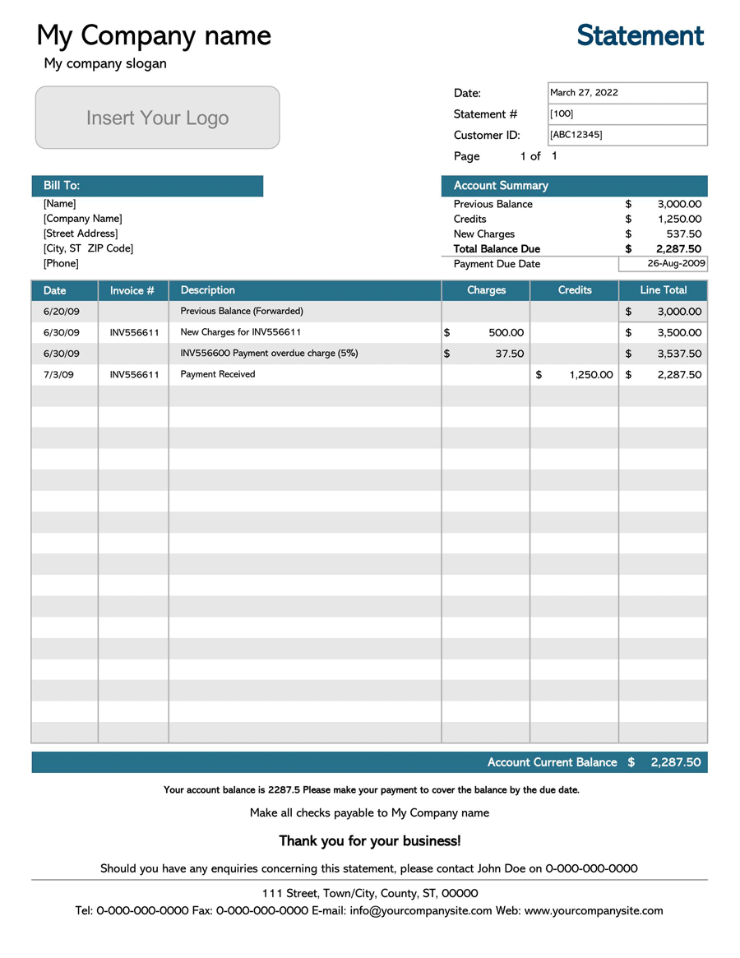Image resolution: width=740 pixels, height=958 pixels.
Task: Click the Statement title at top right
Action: point(640,35)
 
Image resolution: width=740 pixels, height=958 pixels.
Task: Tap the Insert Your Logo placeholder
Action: point(157,118)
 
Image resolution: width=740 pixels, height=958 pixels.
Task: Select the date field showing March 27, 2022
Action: point(627,93)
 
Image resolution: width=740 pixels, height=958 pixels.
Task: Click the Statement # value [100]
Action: point(627,114)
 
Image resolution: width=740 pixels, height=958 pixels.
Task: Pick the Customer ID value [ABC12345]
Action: point(627,135)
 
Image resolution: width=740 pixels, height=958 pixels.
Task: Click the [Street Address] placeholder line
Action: point(81,234)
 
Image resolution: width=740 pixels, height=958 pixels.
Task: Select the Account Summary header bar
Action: point(574,186)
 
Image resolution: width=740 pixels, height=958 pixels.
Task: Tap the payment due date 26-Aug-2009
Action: point(663,264)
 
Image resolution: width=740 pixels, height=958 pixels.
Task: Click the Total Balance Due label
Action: point(497,249)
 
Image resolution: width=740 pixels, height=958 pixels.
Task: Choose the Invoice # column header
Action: point(132,290)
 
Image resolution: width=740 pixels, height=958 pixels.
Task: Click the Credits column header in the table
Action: point(575,290)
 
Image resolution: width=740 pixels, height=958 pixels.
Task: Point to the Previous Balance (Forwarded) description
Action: point(242,312)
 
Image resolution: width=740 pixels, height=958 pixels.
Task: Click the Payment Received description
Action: point(218,375)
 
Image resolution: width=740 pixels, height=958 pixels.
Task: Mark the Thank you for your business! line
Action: point(370,841)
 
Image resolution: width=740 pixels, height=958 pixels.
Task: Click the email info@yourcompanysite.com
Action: point(421,911)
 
